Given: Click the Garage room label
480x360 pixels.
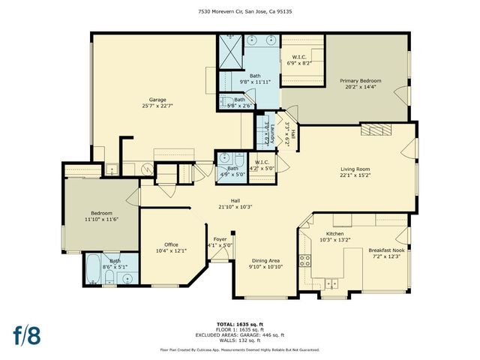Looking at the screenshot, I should coord(157,99).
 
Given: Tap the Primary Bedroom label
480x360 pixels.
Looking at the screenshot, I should coord(360,81).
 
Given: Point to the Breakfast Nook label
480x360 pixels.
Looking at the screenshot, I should coord(386,249).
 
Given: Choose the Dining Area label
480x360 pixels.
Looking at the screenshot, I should coord(265,260).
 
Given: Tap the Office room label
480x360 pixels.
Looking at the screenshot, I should coord(171,244).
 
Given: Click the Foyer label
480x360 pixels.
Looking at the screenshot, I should coord(220,239).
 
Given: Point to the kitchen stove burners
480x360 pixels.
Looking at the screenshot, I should coord(305,261).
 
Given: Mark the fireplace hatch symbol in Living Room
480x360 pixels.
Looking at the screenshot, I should coord(375,130).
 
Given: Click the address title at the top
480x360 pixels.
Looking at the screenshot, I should coord(240,11).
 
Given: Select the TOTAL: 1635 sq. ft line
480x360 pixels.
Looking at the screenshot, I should coord(240,325).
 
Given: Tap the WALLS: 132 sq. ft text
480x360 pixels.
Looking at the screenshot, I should coord(240,340).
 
